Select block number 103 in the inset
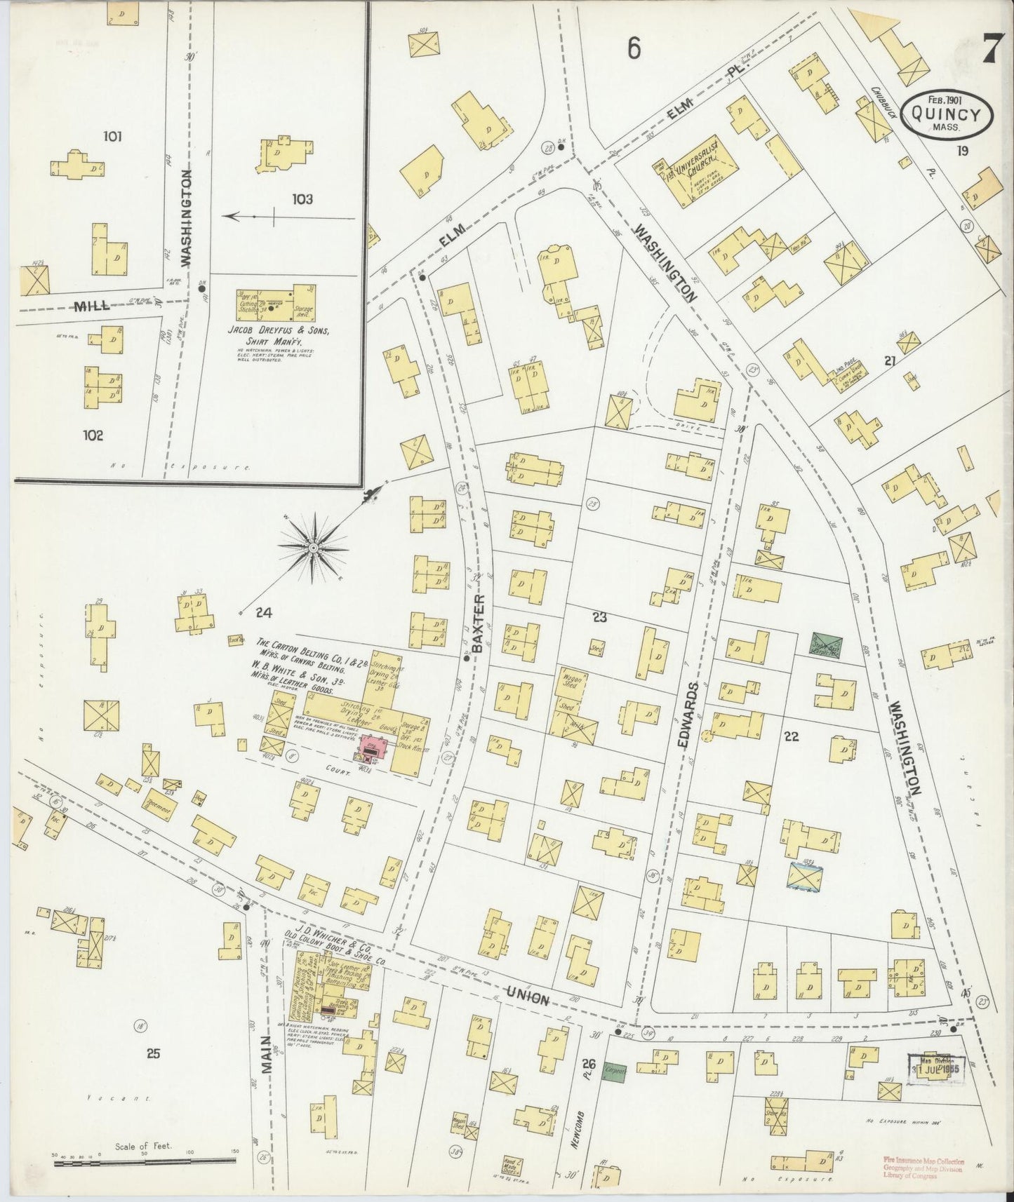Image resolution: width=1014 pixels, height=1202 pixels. [x=302, y=199]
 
